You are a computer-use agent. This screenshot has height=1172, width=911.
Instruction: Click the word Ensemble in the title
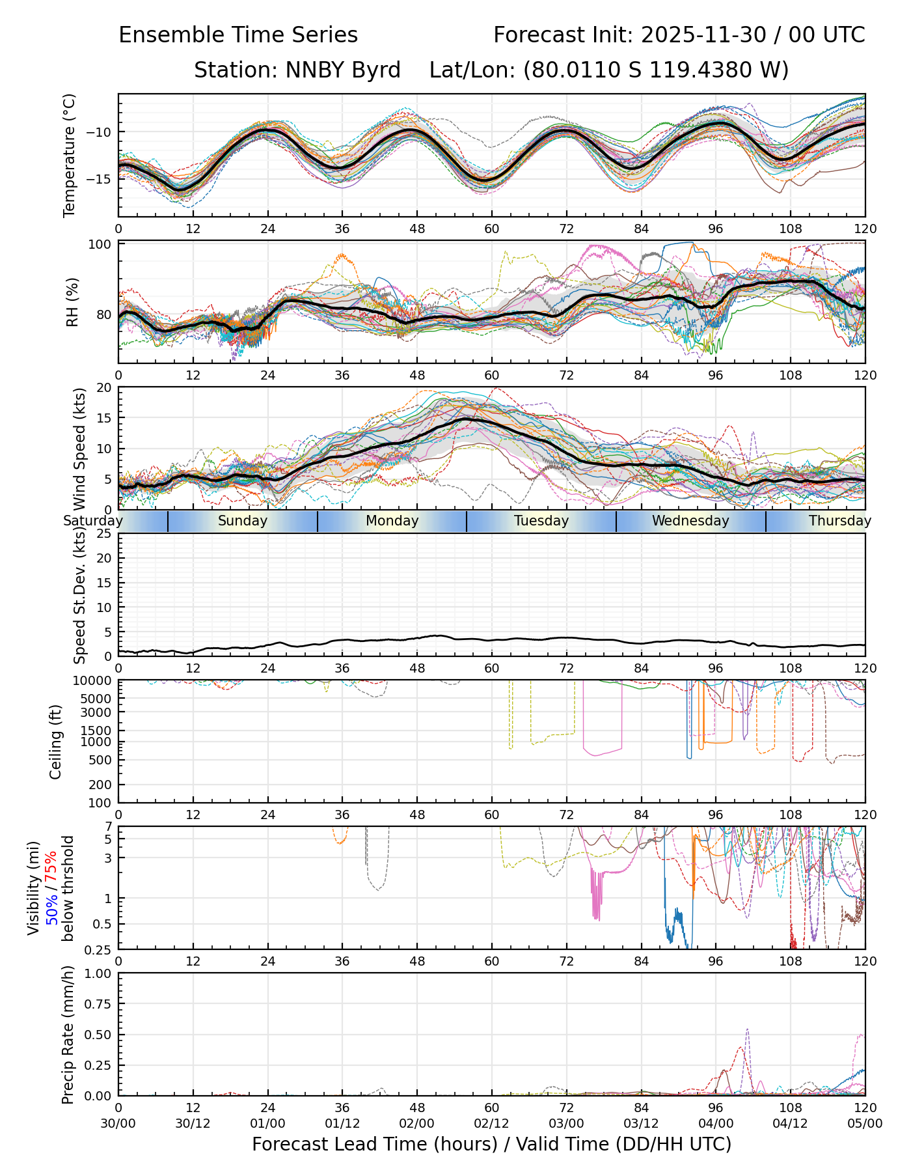point(167,35)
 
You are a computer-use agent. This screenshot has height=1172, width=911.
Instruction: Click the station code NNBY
point(309,70)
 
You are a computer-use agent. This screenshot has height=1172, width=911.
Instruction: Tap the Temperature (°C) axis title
point(70,155)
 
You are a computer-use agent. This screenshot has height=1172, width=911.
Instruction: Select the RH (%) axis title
point(72,302)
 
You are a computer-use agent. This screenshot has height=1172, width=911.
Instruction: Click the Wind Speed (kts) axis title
point(80,449)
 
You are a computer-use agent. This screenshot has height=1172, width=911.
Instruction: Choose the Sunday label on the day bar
point(243,521)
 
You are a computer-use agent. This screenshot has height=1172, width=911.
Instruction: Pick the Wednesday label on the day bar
point(690,521)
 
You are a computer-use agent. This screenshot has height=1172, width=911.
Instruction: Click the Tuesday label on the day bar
point(541,521)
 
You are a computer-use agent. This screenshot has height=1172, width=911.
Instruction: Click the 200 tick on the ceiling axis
point(101,785)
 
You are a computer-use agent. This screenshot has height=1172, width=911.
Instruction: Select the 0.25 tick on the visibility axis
point(99,949)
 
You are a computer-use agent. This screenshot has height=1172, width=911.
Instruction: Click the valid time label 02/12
point(491,1123)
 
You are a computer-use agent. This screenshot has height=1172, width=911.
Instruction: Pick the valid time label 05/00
point(865,1123)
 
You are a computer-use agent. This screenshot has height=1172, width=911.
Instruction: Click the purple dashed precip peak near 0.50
point(748,1029)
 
